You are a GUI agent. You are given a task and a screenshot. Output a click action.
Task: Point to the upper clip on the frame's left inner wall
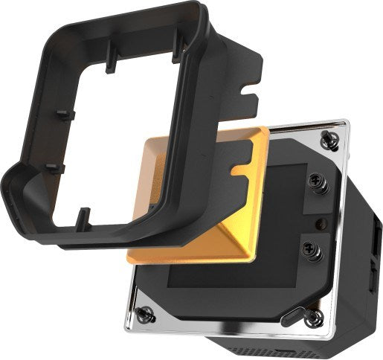tap(62, 115)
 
